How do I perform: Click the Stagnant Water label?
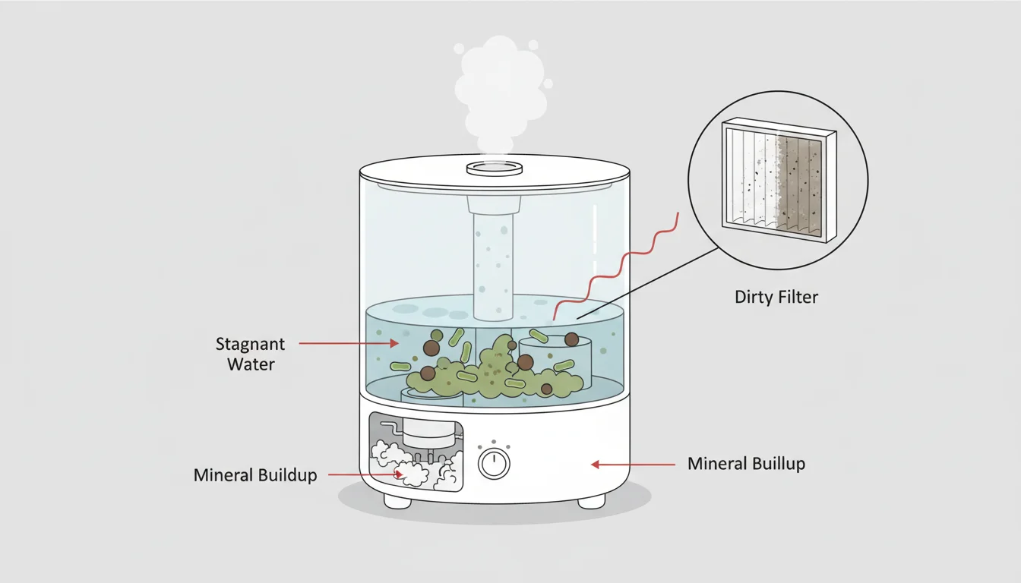250,354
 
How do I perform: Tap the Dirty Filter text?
776,297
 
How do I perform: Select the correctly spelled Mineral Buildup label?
255,476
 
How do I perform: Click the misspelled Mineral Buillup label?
746,463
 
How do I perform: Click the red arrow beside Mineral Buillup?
633,464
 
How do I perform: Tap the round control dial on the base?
494,462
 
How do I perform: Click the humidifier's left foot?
397,501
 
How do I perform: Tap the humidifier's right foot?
591,501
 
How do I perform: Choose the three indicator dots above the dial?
494,443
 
